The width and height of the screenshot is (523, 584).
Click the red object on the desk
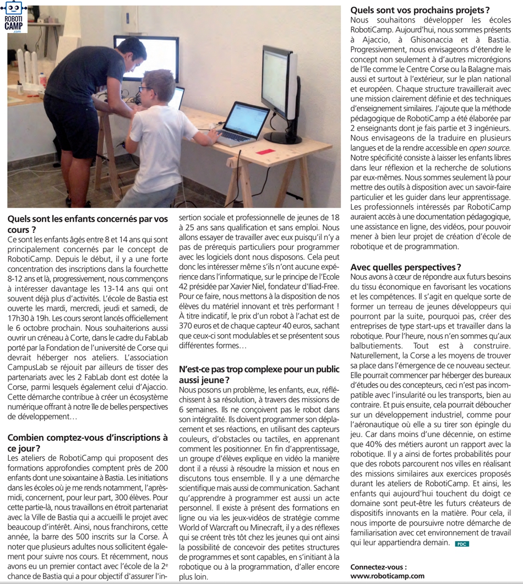coord(266,151)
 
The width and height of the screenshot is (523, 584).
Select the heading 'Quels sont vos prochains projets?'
coord(420,9)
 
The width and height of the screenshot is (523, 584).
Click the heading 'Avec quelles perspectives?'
coord(406,267)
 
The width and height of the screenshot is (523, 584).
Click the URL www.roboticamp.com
coord(388,576)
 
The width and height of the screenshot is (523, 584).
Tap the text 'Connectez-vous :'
coord(379,566)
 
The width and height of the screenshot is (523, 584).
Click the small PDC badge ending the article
coord(461,544)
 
